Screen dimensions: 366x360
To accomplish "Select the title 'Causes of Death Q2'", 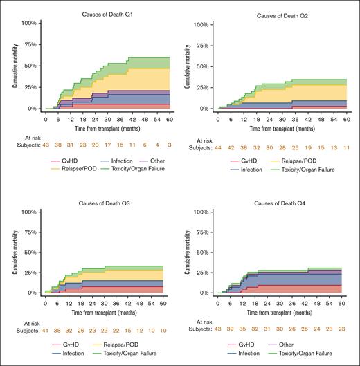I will click(x=285, y=15).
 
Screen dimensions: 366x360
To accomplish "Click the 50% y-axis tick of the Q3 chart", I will click(x=29, y=252).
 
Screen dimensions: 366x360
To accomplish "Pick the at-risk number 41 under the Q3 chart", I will click(x=45, y=331).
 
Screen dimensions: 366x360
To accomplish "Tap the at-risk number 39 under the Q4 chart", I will click(x=233, y=331).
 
